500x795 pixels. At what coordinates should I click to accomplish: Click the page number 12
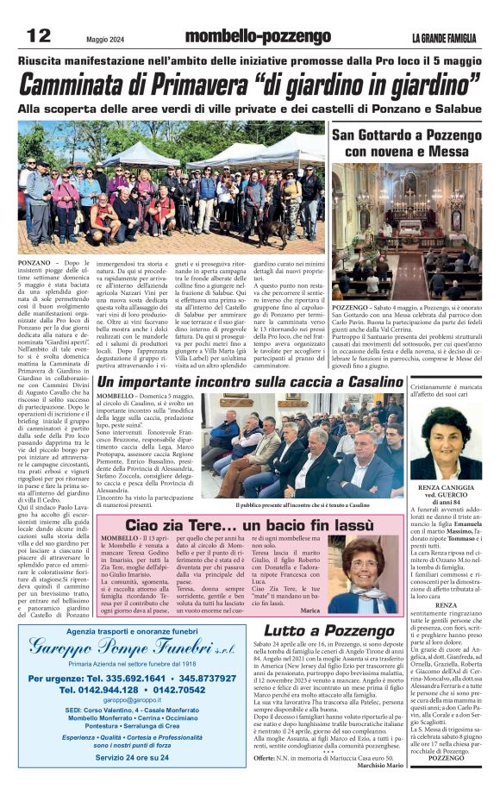(x=39, y=35)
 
